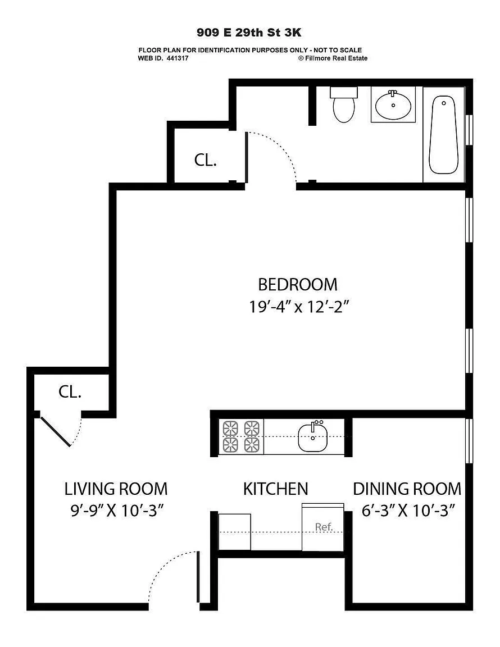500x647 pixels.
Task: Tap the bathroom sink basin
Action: coord(393,104)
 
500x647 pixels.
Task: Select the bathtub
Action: coord(443,135)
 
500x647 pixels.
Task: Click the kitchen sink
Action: coord(312,436)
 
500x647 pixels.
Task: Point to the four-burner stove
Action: coord(241,436)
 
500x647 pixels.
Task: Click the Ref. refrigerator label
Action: coord(324,527)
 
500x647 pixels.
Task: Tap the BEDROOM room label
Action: coord(298,284)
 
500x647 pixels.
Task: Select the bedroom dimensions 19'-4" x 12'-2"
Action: coord(299,307)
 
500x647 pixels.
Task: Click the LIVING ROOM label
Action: coord(116,489)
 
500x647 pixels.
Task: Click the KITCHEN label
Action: coord(275,489)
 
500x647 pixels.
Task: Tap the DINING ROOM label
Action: coord(407,489)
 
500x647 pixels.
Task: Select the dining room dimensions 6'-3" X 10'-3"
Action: coord(408,511)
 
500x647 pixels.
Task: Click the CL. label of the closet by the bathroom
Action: coord(206,160)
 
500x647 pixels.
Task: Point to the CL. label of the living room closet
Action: coord(70,391)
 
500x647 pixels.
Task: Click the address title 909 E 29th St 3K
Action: coord(249,32)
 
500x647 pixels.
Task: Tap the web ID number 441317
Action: coord(178,58)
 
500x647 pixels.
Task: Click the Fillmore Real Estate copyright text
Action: coord(333,58)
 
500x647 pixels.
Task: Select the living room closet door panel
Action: coord(55,431)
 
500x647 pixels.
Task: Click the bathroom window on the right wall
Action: coord(469,130)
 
